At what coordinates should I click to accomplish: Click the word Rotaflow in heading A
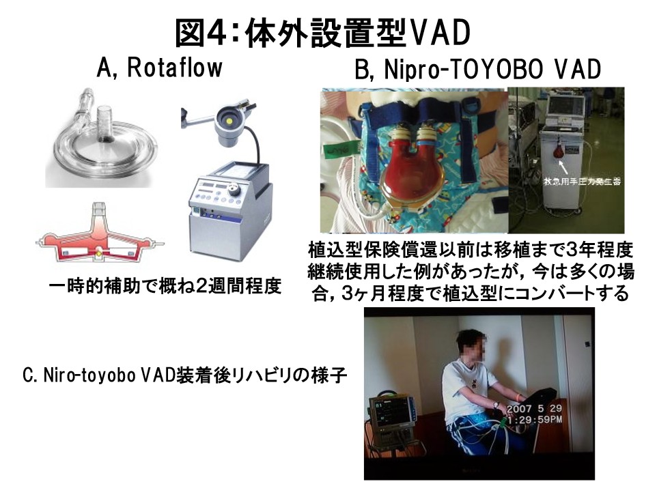pyautogui.click(x=176, y=68)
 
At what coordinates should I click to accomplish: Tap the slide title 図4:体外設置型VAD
pyautogui.click(x=323, y=33)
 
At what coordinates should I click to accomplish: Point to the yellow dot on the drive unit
pyautogui.click(x=229, y=121)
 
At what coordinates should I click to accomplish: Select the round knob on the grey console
pyautogui.click(x=234, y=189)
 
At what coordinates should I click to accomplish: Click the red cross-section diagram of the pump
pyautogui.click(x=100, y=234)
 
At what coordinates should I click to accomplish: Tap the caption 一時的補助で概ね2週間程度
pyautogui.click(x=165, y=286)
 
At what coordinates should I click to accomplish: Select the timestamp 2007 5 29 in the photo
pyautogui.click(x=534, y=408)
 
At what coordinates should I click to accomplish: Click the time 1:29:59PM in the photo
pyautogui.click(x=535, y=420)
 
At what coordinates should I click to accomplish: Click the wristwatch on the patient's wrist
pyautogui.click(x=496, y=403)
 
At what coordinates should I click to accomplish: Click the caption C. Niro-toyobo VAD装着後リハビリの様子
pyautogui.click(x=184, y=375)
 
